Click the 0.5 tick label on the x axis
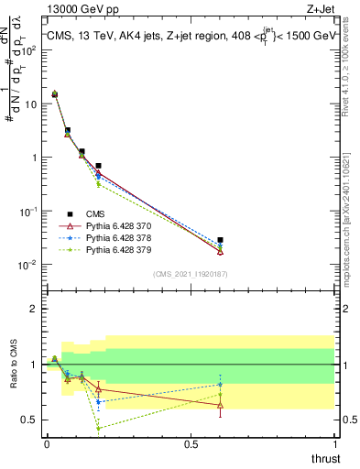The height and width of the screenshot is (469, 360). point(191,444)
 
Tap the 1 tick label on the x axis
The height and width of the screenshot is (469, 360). point(334,444)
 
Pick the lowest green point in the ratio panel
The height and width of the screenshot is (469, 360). point(99,428)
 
